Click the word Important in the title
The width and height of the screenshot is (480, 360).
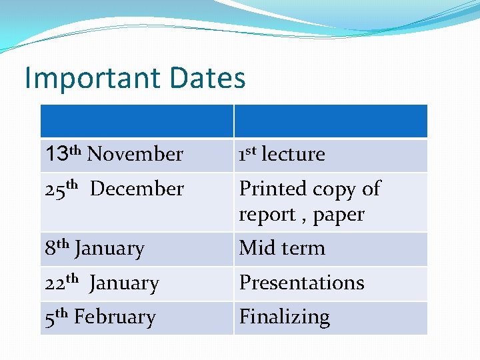click(x=92, y=78)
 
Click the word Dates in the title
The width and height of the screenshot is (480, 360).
click(x=207, y=78)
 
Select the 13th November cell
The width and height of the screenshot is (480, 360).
click(x=114, y=154)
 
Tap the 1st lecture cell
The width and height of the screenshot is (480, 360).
click(x=282, y=154)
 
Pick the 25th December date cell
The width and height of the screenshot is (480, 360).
click(x=114, y=189)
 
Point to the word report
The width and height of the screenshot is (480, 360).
click(x=266, y=215)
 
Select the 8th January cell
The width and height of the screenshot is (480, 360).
click(x=95, y=248)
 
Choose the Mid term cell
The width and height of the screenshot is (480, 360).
click(x=282, y=248)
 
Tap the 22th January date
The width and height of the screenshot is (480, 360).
click(x=102, y=283)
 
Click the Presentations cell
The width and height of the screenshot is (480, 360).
click(x=301, y=283)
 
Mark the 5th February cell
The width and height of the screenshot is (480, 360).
click(x=100, y=317)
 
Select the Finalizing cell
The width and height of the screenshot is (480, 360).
click(x=285, y=317)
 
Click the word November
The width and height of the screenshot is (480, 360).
click(x=135, y=154)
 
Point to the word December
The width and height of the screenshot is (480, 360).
click(x=137, y=189)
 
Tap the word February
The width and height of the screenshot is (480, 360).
click(x=115, y=317)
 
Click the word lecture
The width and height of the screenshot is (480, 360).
click(x=293, y=154)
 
